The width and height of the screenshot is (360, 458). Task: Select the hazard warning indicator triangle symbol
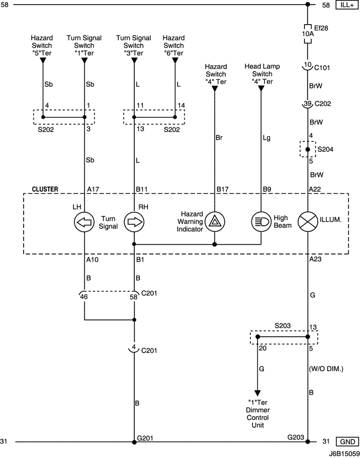(x=214, y=222)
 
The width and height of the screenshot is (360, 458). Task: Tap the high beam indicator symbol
(x=261, y=222)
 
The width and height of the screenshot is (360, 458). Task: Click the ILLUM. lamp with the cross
(x=308, y=222)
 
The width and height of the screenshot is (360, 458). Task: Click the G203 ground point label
(x=296, y=437)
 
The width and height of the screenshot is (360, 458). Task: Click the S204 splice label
(x=325, y=149)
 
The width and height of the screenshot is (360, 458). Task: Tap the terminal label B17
(x=222, y=189)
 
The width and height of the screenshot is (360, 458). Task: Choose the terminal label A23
(x=315, y=260)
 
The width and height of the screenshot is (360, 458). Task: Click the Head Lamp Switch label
(x=261, y=74)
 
